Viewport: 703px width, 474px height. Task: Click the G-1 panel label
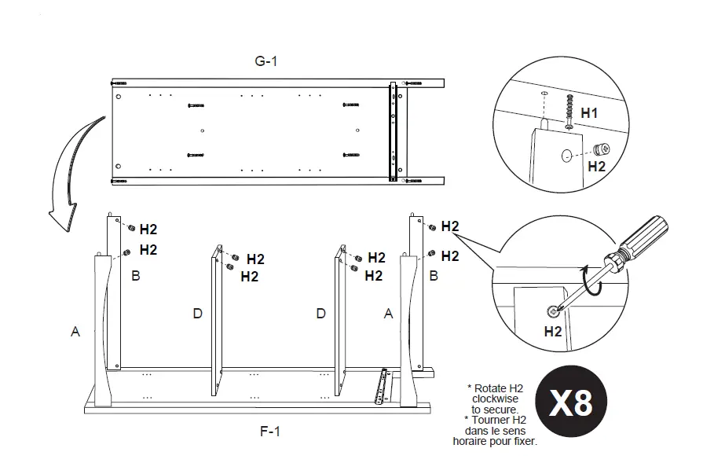265,61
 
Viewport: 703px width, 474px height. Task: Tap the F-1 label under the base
270,432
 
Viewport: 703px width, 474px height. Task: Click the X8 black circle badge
571,401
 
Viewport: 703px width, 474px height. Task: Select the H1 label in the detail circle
589,112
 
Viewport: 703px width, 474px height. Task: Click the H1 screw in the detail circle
569,112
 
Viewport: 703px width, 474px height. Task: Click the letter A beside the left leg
75,332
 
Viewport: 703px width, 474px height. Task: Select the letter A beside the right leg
388,314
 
